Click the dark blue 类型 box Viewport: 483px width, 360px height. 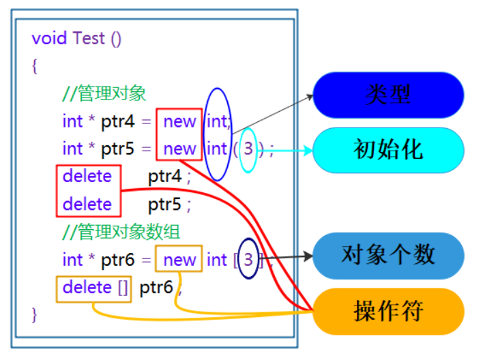tap(388, 95)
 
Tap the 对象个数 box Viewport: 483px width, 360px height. tap(388, 256)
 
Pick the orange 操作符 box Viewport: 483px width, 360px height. tap(388, 312)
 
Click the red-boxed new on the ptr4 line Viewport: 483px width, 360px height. tap(179, 121)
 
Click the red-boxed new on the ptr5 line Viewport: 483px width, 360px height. tap(179, 149)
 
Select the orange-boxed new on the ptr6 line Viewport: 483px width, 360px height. tap(179, 260)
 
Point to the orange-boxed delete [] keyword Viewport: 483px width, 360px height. tap(95, 288)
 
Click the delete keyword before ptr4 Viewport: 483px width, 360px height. tap(87, 177)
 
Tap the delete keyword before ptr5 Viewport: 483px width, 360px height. tap(87, 204)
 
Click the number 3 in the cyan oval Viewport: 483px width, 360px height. tap(248, 149)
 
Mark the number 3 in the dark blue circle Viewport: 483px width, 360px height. tap(249, 260)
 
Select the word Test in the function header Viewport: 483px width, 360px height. tap(89, 38)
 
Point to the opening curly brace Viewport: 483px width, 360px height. tap(35, 65)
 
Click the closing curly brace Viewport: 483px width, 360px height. tap(35, 314)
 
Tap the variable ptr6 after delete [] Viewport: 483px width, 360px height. tap(156, 288)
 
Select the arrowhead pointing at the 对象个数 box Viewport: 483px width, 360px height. tap(308, 256)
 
